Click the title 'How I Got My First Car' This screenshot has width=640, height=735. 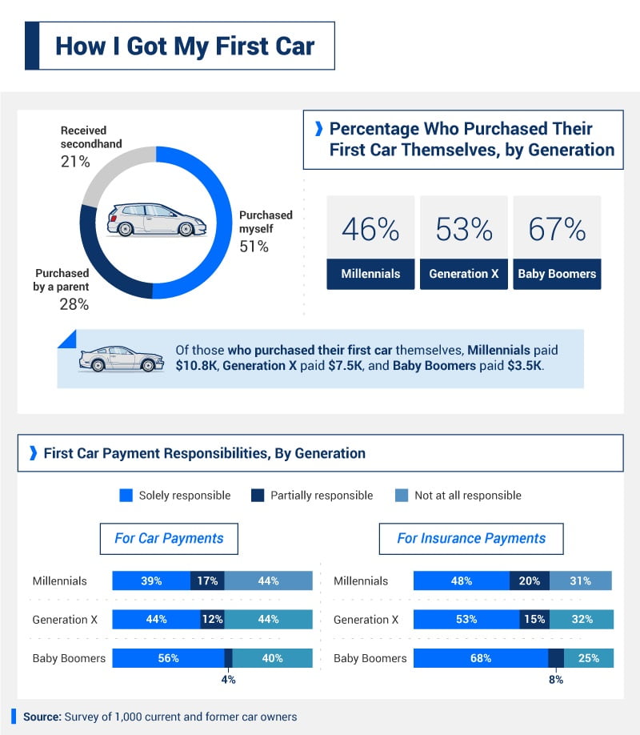[185, 46]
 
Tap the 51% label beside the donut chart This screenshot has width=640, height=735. [254, 247]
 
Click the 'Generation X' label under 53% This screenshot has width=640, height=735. [463, 274]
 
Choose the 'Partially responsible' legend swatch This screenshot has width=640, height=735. [258, 496]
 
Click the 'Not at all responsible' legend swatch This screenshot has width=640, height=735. [402, 496]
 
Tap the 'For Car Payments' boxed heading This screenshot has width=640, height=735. [169, 538]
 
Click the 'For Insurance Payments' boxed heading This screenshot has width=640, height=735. [471, 538]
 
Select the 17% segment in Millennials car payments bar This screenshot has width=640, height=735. [207, 581]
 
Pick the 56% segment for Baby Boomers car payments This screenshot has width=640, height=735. [168, 658]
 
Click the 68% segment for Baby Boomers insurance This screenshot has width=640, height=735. [480, 658]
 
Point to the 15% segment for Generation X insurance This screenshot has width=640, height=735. [534, 620]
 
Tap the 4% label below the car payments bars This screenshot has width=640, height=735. [228, 680]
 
